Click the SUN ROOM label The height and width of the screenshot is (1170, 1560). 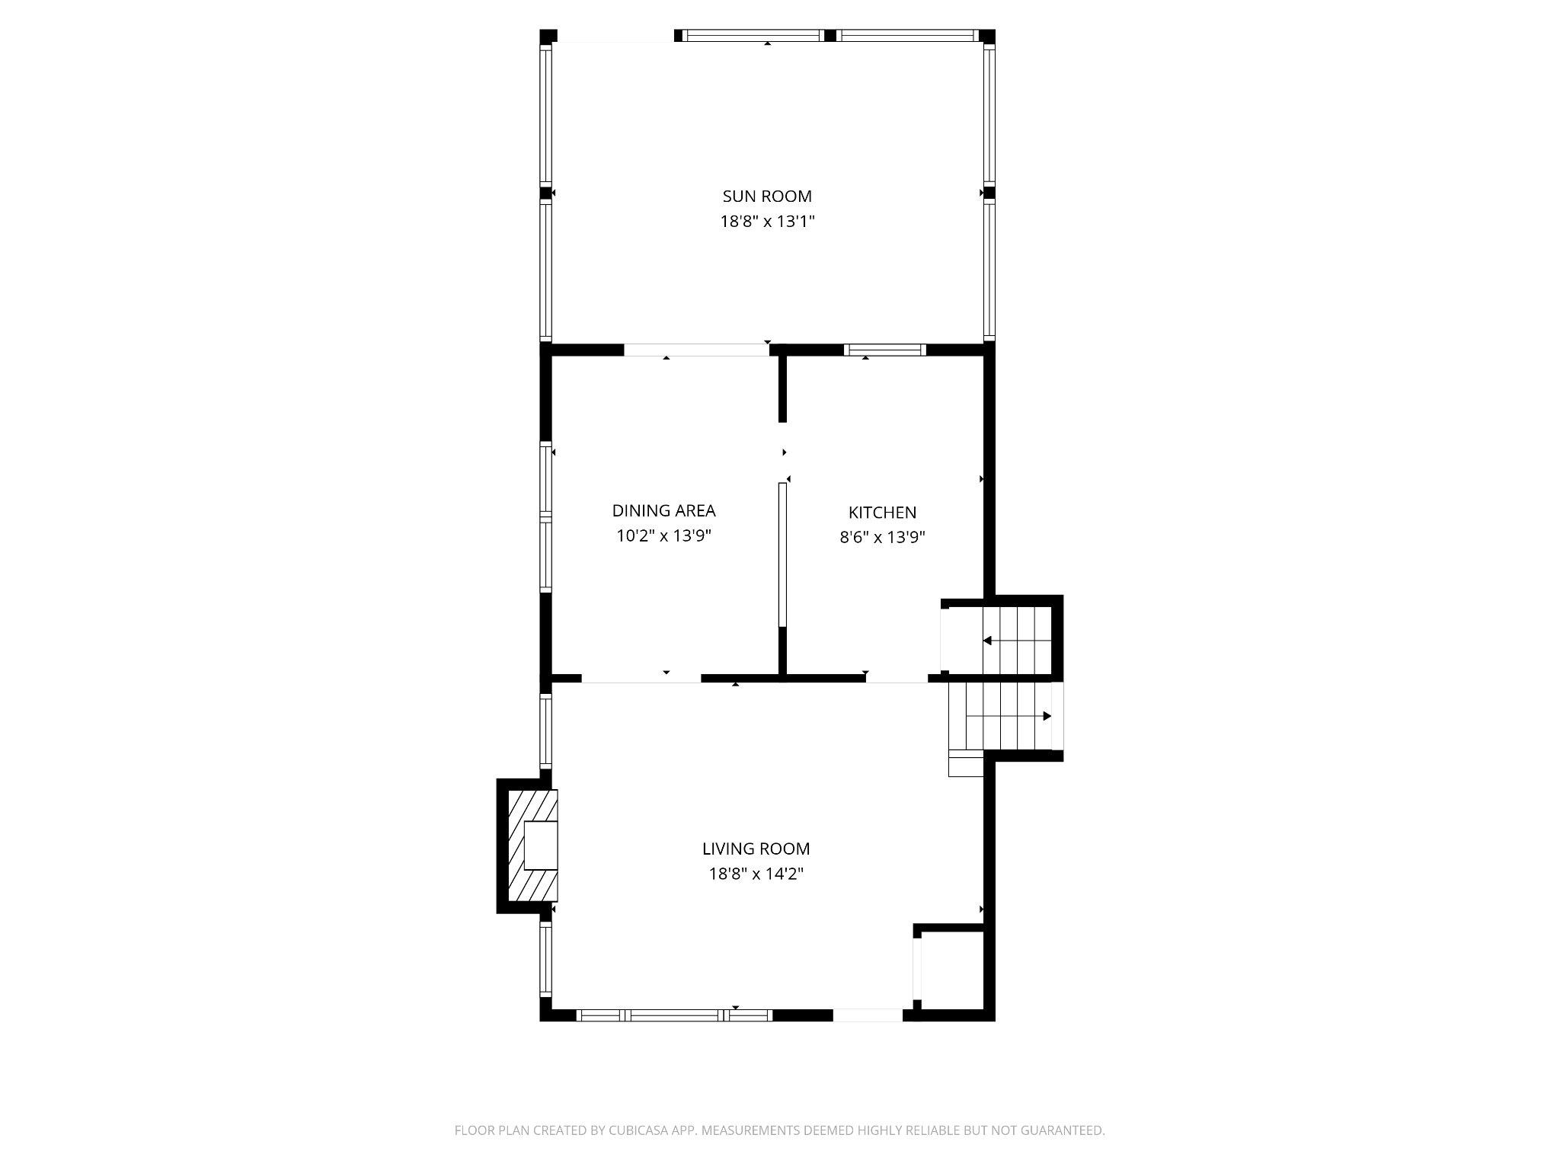pos(767,197)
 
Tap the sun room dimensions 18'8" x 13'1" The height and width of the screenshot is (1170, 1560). pos(767,222)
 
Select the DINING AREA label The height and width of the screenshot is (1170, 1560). pos(663,510)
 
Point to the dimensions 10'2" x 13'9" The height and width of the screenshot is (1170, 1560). pos(663,535)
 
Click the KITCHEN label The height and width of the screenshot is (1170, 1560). pos(882,513)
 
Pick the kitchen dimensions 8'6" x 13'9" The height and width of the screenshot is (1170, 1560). pos(882,538)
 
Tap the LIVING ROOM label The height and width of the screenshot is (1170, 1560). pos(756,849)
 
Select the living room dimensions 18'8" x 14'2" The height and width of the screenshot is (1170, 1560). pos(756,874)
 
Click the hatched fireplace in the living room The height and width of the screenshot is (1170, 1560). pos(532,846)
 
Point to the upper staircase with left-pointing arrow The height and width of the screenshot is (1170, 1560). pos(1016,641)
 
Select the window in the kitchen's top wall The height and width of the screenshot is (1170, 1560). pos(884,350)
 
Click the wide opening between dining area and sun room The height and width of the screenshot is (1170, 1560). pos(696,350)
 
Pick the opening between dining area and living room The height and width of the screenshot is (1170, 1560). pos(641,678)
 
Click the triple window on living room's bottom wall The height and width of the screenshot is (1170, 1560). pos(675,1015)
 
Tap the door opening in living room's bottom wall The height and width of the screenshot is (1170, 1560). pos(868,1015)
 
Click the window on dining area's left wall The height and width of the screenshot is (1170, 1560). pos(545,518)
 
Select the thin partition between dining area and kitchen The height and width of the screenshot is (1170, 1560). pos(782,555)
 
